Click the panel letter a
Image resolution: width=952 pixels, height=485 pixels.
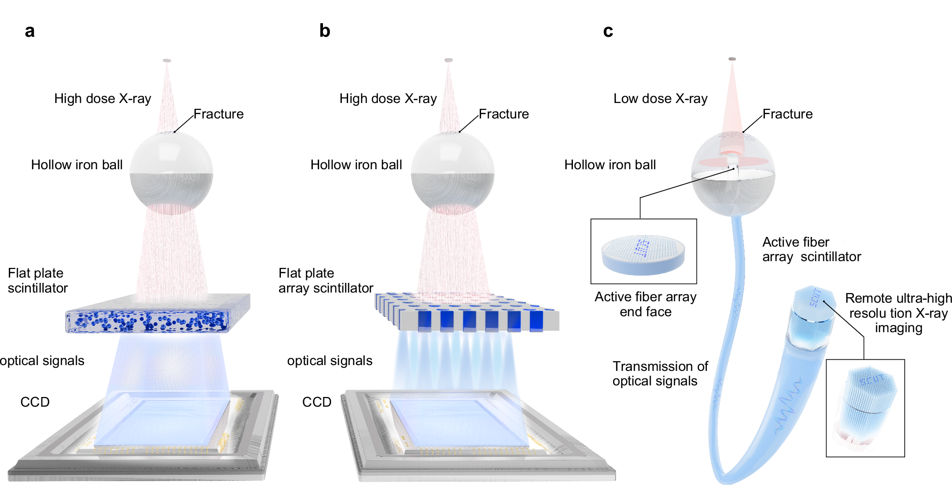29,31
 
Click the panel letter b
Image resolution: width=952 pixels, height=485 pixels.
324,30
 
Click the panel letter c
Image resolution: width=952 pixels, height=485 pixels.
608,31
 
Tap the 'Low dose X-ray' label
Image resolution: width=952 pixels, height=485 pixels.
660,99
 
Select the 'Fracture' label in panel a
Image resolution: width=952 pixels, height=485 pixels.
219,114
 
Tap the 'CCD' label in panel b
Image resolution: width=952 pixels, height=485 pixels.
317,402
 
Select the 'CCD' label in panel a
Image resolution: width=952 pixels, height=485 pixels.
35,402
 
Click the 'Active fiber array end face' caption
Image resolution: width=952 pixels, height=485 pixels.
645,304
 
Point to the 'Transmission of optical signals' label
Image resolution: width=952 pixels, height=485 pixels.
660,373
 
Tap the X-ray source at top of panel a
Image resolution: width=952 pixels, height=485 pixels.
167,60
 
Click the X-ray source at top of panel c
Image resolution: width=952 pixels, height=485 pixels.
732,59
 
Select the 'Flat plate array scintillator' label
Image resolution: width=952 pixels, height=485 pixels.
325,280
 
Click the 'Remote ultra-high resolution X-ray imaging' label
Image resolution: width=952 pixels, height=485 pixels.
898,313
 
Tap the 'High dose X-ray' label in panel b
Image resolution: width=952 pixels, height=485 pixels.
388,99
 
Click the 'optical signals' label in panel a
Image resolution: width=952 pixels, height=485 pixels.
43,361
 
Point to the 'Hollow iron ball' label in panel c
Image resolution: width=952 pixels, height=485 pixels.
610,165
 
